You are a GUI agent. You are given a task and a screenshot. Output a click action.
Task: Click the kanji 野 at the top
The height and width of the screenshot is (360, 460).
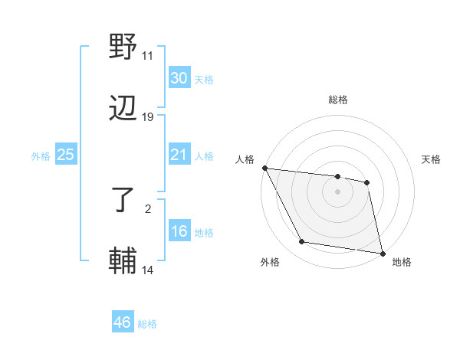pos(123,48)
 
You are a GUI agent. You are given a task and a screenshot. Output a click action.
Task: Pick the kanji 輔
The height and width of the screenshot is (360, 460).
pos(123,260)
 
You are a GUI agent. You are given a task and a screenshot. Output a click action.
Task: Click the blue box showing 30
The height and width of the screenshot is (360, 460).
pos(179,78)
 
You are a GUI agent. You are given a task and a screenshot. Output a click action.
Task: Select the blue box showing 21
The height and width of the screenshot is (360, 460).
pos(179,155)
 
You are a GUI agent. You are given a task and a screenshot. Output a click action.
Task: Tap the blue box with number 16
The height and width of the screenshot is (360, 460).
pos(179,231)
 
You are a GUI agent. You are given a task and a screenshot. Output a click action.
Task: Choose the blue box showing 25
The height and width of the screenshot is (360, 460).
pos(65,155)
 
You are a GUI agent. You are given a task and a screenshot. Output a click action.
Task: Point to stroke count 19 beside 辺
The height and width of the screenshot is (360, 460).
pos(148,117)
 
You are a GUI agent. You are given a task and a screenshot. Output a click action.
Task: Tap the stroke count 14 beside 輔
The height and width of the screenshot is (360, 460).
pos(148,270)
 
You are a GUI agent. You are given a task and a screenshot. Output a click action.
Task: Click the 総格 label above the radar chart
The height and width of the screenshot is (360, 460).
pos(338,100)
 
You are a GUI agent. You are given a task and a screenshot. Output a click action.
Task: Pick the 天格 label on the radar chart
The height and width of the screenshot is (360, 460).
pos(432,159)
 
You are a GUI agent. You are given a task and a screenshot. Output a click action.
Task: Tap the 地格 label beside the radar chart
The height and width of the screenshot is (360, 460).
pos(402,263)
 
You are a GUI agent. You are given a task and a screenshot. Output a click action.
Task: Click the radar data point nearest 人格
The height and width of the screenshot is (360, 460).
pos(264,168)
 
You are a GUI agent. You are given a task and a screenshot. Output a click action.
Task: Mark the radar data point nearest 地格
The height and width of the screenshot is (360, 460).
pos(382,253)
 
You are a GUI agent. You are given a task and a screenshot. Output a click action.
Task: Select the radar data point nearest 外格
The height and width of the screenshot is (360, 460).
pos(302,242)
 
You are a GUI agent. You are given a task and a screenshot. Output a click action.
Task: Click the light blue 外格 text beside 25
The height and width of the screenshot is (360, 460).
pos(41,155)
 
